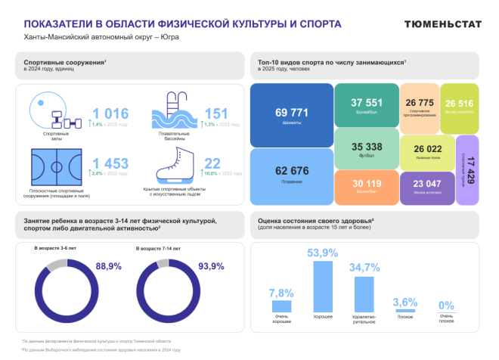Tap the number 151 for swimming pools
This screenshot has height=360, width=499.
pyautogui.click(x=215, y=113)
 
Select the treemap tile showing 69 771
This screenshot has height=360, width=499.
pyautogui.click(x=293, y=114)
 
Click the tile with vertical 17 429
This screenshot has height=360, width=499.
pyautogui.click(x=468, y=169)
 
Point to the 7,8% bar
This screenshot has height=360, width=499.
pyautogui.click(x=282, y=306)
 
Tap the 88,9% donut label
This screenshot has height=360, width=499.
pyautogui.click(x=107, y=266)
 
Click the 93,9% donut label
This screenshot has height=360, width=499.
pyautogui.click(x=211, y=266)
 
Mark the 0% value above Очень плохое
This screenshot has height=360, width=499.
pyautogui.click(x=447, y=306)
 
